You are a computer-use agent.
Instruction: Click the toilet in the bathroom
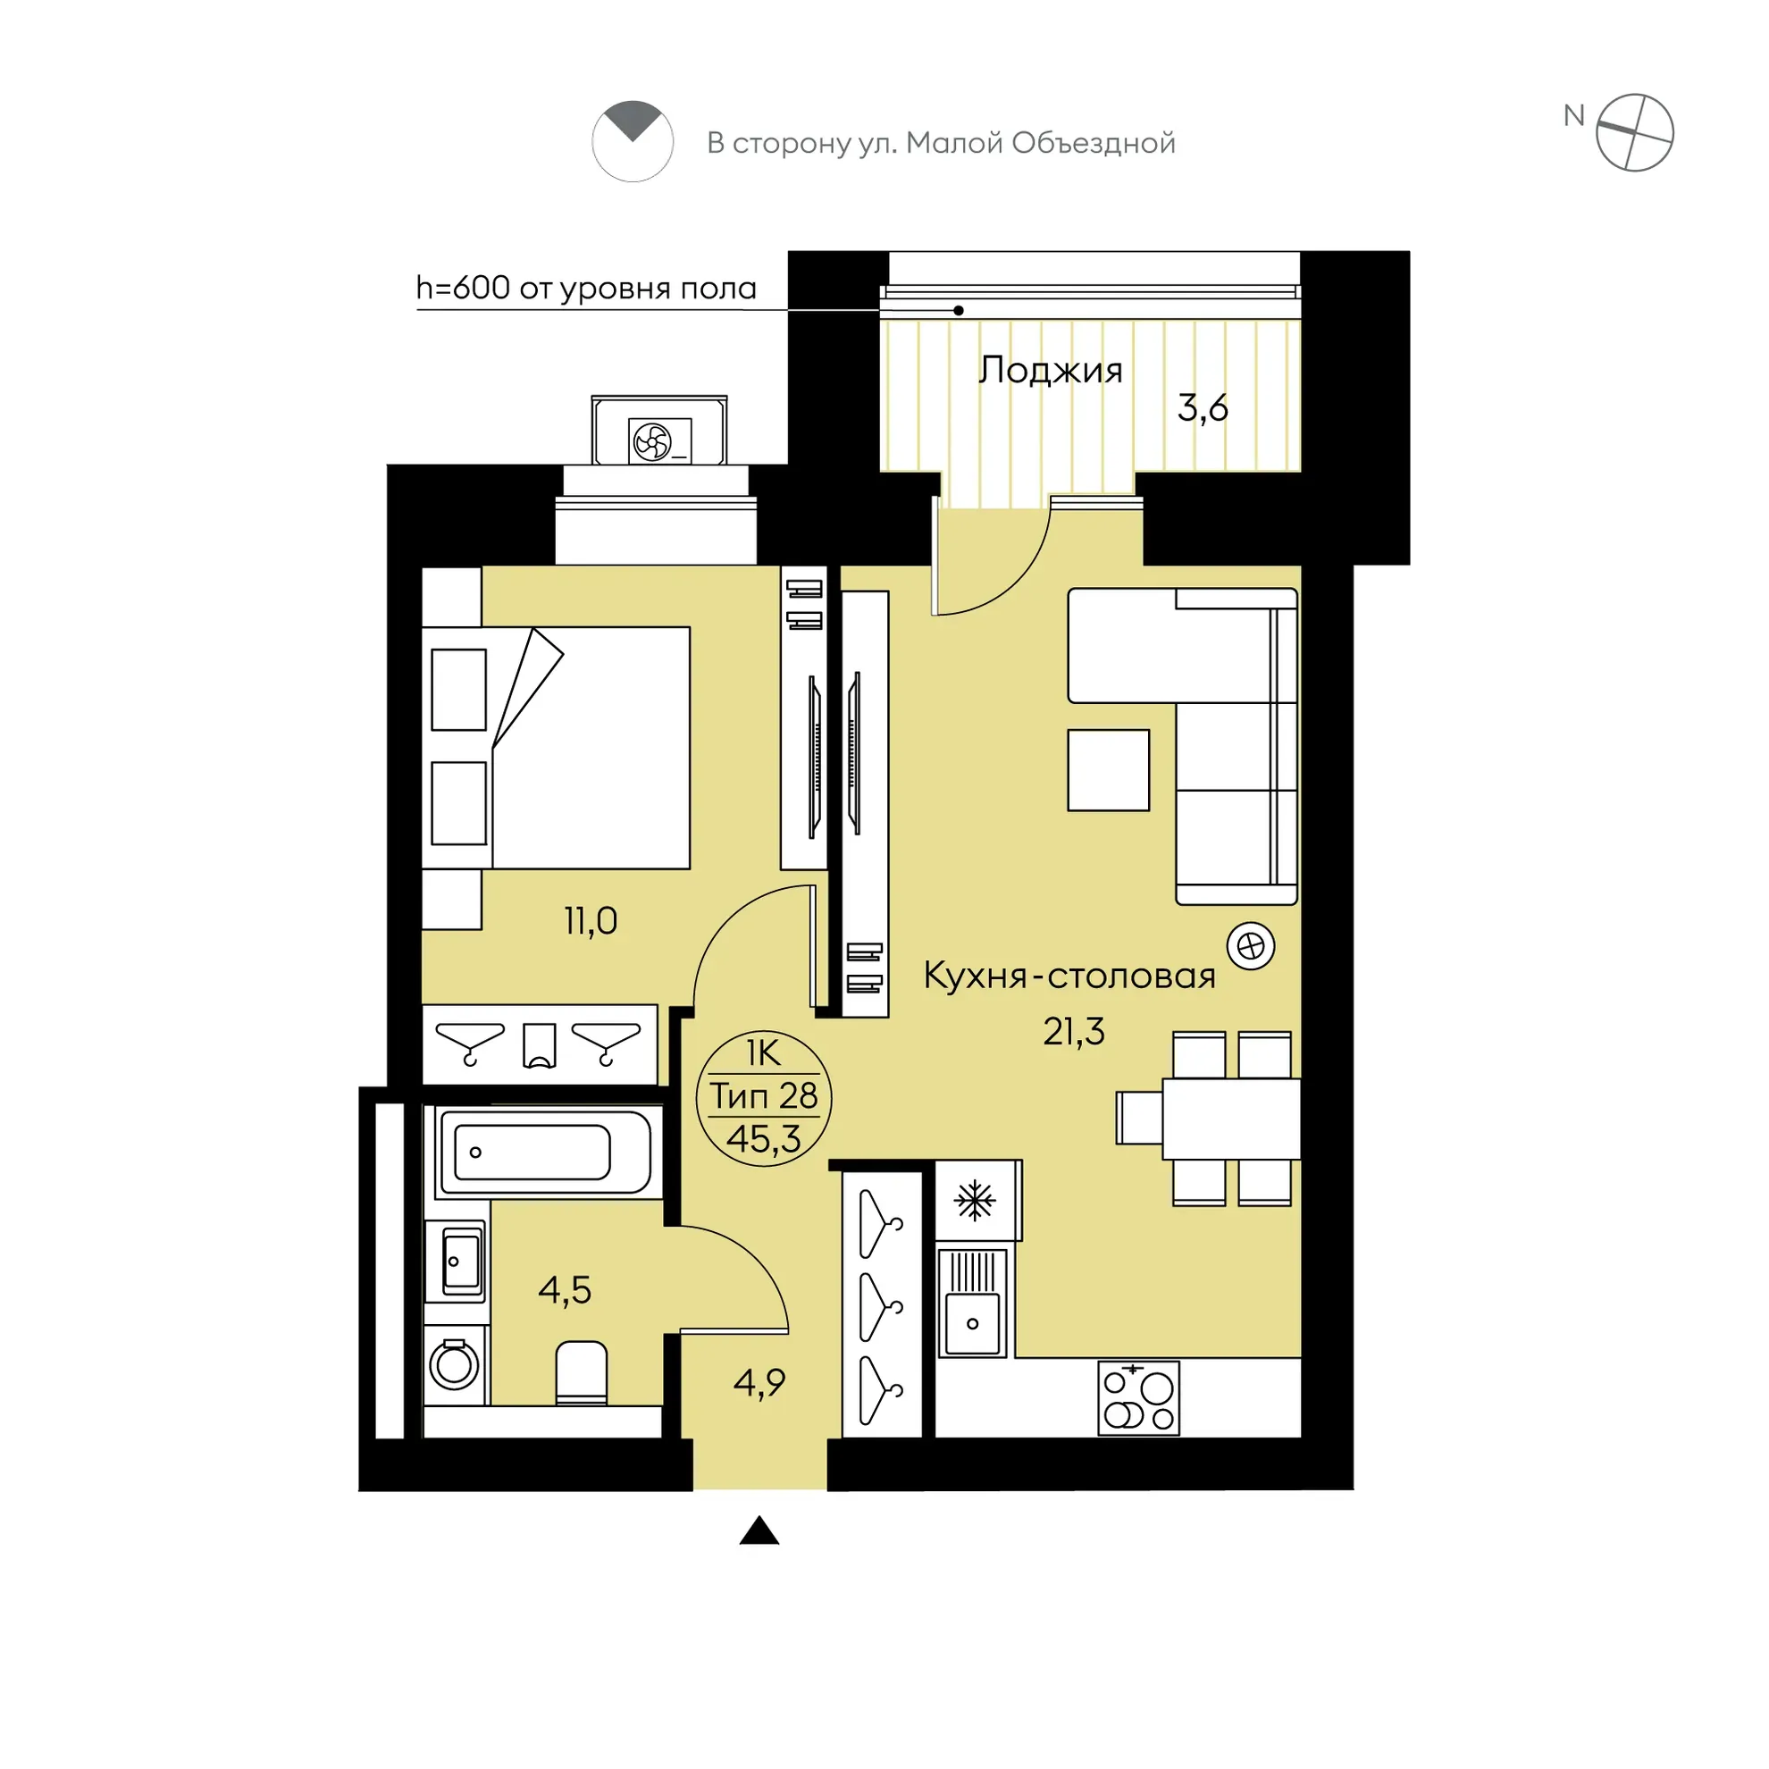(x=582, y=1371)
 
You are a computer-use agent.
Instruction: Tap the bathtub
(x=546, y=1151)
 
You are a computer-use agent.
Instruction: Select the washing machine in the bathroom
(x=454, y=1365)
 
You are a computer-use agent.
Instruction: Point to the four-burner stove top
(x=1138, y=1398)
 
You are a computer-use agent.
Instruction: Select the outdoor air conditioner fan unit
(x=659, y=441)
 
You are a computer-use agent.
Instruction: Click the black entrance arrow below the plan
(x=759, y=1531)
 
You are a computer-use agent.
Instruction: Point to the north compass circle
(x=1634, y=133)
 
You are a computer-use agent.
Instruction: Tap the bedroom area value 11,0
(x=591, y=920)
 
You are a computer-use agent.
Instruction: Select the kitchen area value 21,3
(x=1074, y=1032)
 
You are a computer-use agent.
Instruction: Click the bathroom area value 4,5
(x=565, y=1290)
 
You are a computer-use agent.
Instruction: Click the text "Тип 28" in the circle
(x=764, y=1095)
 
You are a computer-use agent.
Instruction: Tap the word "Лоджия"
(x=1050, y=371)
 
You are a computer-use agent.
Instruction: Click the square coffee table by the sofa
(x=1108, y=770)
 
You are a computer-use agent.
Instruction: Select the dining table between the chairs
(x=1230, y=1119)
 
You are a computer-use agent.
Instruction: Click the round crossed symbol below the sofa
(x=1251, y=946)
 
